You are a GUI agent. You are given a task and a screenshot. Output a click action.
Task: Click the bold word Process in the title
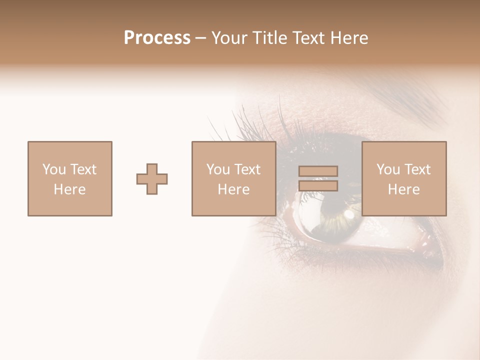pyautogui.click(x=157, y=38)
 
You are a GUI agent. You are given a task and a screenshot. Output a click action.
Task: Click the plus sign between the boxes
pyautogui.click(x=152, y=179)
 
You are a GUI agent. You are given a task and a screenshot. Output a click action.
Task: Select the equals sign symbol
pyautogui.click(x=318, y=178)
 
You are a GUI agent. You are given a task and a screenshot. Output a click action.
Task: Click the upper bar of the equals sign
pyautogui.click(x=318, y=171)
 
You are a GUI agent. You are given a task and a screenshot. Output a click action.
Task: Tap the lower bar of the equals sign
pyautogui.click(x=318, y=186)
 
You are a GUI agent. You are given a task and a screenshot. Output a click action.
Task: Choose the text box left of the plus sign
pyautogui.click(x=69, y=178)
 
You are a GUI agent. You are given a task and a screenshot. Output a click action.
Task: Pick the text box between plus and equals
pyautogui.click(x=233, y=178)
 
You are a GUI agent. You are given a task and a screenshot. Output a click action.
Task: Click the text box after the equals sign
pyautogui.click(x=404, y=178)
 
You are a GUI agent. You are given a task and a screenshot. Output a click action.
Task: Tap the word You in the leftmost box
pyautogui.click(x=54, y=169)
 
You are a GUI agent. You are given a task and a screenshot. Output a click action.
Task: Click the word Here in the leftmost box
pyautogui.click(x=69, y=189)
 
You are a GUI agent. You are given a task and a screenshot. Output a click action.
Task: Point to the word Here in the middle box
pyautogui.click(x=233, y=189)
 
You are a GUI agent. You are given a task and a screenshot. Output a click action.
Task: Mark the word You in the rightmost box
pyautogui.click(x=388, y=169)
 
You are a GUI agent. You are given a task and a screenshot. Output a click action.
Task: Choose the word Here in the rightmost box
pyautogui.click(x=404, y=189)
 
